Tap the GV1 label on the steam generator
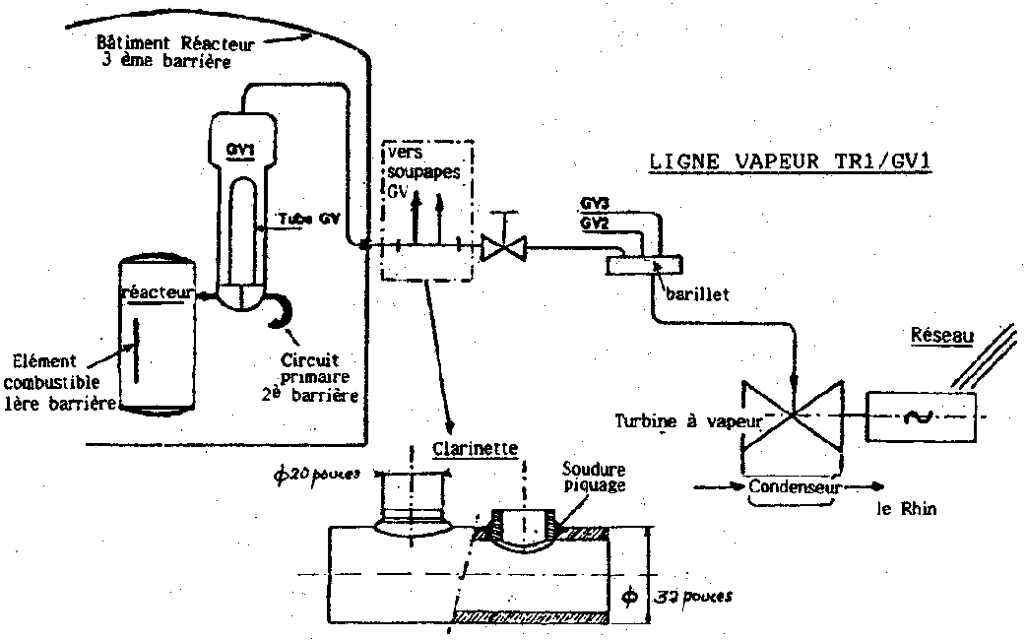coord(239,149)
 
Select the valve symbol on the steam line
coord(503,247)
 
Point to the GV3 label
coord(594,204)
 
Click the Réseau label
coord(941,336)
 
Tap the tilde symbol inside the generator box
coord(922,417)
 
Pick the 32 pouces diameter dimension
coord(691,596)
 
